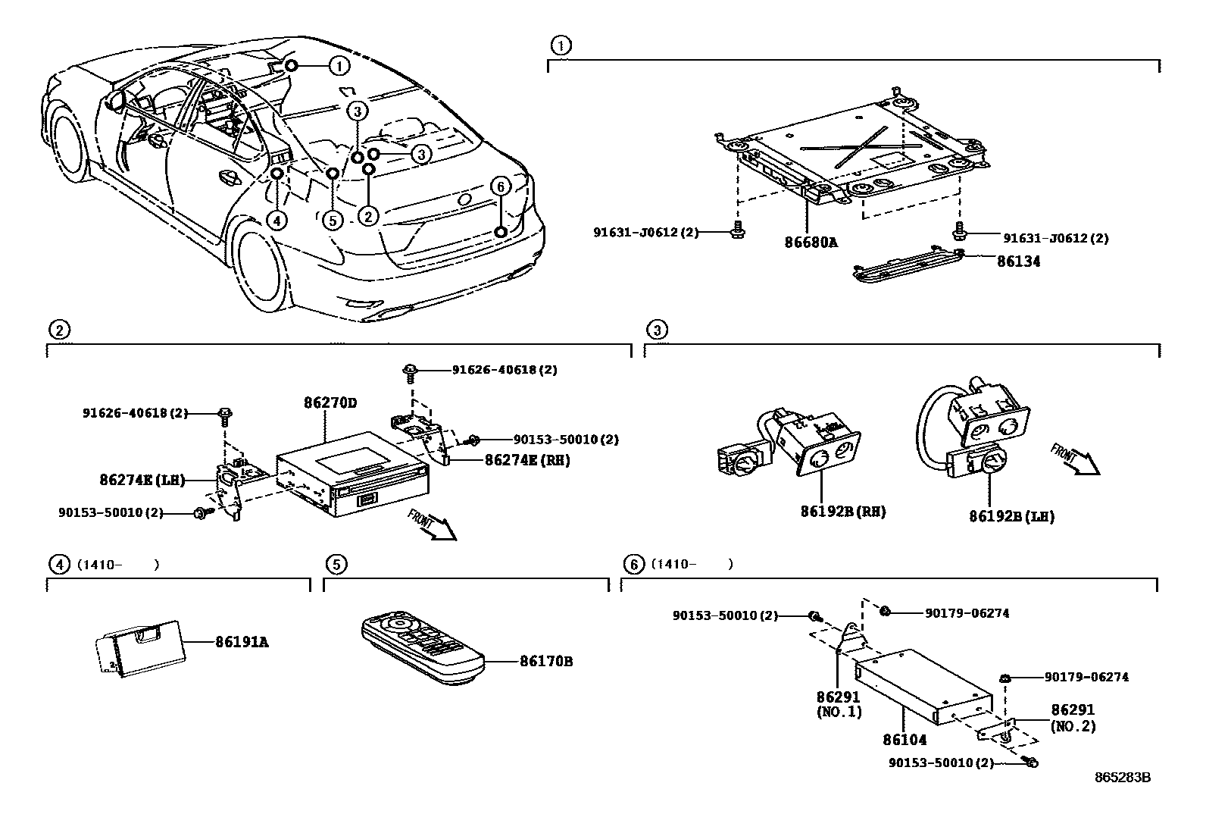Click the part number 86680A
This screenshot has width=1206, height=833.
(811, 243)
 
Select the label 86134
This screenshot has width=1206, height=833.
(1018, 261)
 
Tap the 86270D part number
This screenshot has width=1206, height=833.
(330, 403)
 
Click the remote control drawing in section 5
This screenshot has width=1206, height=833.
(423, 649)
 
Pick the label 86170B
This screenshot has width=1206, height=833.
(545, 662)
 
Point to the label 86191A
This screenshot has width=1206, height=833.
(242, 643)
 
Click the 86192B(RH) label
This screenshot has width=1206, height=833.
(842, 512)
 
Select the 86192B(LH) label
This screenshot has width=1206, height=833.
(1011, 517)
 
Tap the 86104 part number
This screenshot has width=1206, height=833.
(904, 740)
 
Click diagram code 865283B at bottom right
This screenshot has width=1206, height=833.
(1122, 778)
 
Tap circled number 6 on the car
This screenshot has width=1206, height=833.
(500, 186)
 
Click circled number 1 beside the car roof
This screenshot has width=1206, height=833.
(339, 66)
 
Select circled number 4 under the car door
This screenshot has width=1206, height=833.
(277, 221)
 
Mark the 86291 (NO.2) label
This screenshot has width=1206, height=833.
(1073, 718)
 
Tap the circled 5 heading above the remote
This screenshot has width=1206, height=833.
(336, 564)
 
